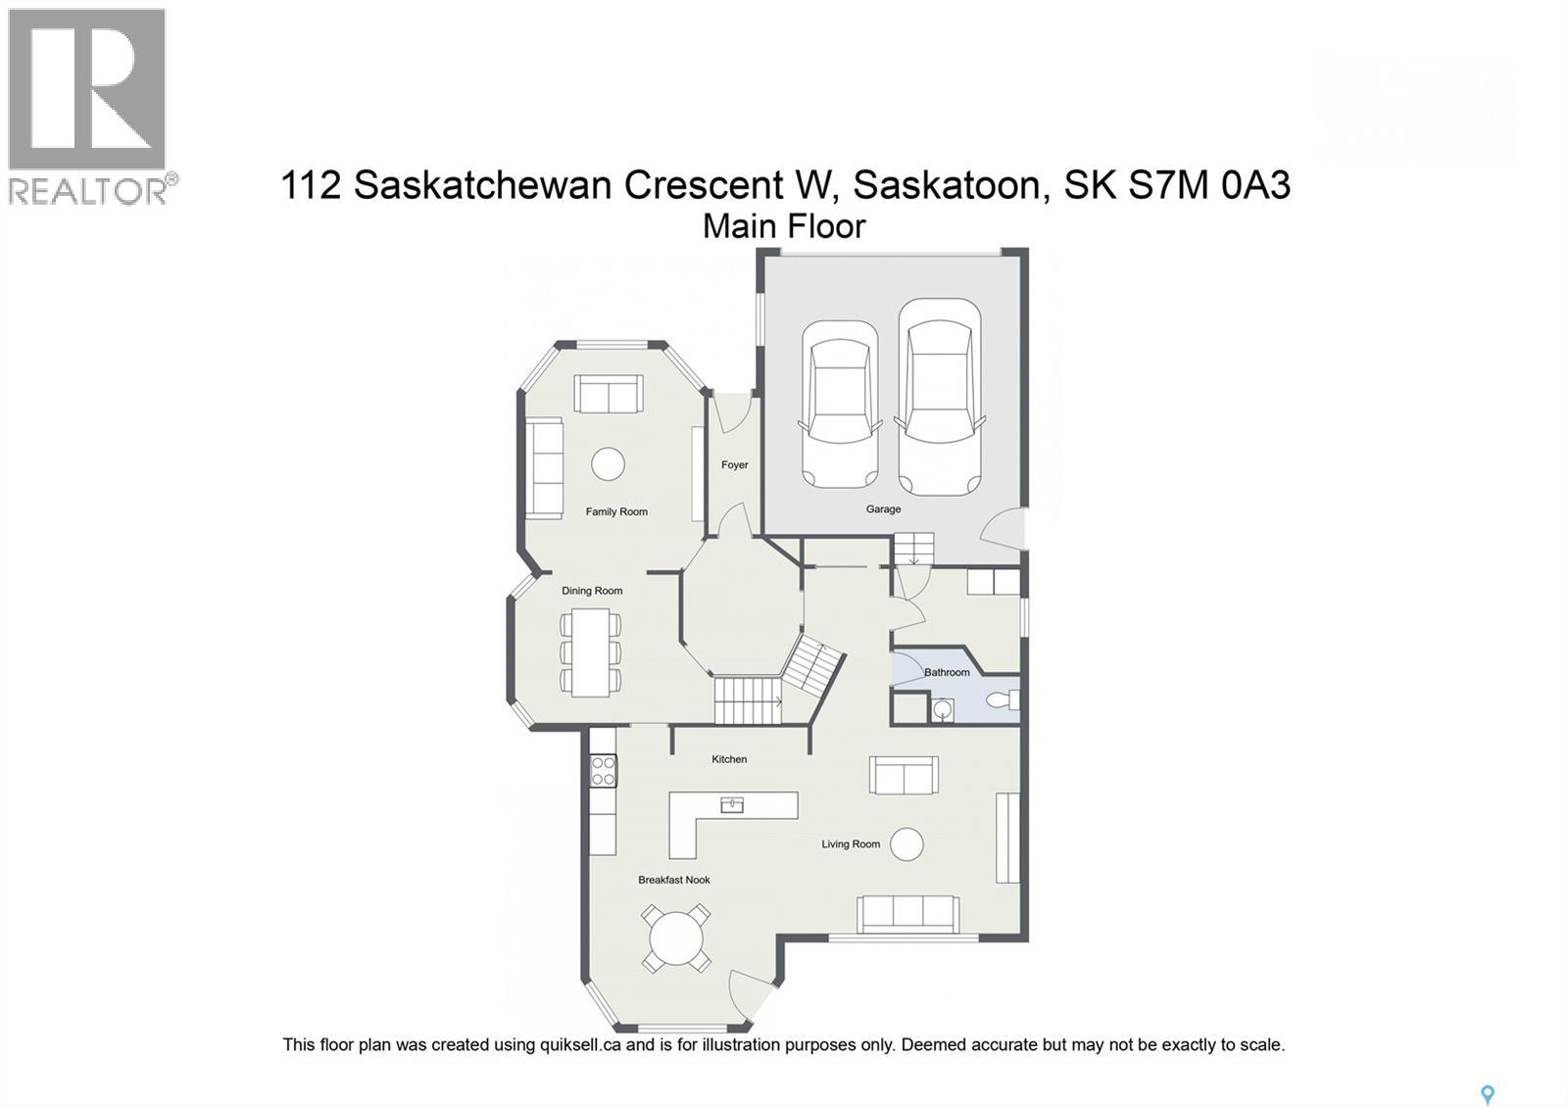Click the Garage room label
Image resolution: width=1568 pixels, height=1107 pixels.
point(883,509)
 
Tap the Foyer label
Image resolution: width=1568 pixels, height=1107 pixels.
point(735,465)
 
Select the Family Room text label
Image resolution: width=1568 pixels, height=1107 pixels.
point(616,511)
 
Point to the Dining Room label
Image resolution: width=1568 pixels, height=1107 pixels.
point(592,591)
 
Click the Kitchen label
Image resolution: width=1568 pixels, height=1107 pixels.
point(729,759)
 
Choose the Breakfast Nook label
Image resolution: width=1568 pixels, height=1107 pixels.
point(674,880)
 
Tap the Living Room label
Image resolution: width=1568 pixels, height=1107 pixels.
point(851,844)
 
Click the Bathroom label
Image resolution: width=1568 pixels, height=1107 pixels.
point(947,672)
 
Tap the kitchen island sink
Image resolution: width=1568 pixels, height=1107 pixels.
point(732,805)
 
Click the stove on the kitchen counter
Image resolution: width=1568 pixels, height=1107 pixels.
point(604,770)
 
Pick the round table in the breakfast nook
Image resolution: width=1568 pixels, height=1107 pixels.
point(676,939)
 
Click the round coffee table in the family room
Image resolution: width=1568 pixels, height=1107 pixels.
point(608,463)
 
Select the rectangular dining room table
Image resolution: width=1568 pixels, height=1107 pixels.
point(590,652)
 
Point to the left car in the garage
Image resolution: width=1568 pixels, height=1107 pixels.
point(839,404)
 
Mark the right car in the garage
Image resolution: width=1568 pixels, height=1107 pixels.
point(940,396)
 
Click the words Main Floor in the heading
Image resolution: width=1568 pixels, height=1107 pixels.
point(784,226)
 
